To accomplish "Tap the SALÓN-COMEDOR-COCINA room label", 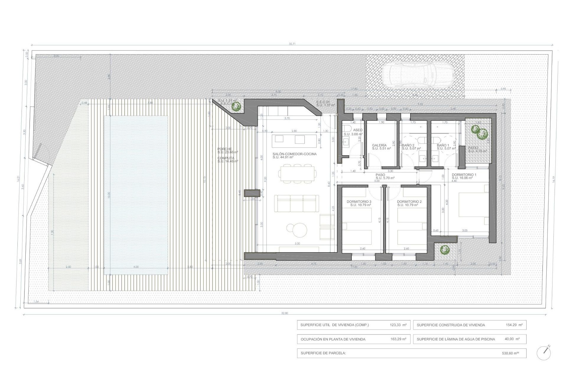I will pos(294,154).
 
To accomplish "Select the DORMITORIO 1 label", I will pos(464,175).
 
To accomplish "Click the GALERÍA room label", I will pos(379,145).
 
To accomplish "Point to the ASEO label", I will pos(358,130).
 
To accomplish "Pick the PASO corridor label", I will pos(380,175).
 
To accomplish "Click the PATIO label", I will pos(473,148).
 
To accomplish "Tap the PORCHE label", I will pos(224,149).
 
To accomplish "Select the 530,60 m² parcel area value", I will pos(510,353).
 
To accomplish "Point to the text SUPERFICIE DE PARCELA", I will pos(323,353).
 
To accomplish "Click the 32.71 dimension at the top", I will pos(292,44).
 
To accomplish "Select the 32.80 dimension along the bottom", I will pos(285,313).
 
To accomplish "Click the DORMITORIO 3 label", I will pos(359,202).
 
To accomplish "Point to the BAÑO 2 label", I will pos(408,145).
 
